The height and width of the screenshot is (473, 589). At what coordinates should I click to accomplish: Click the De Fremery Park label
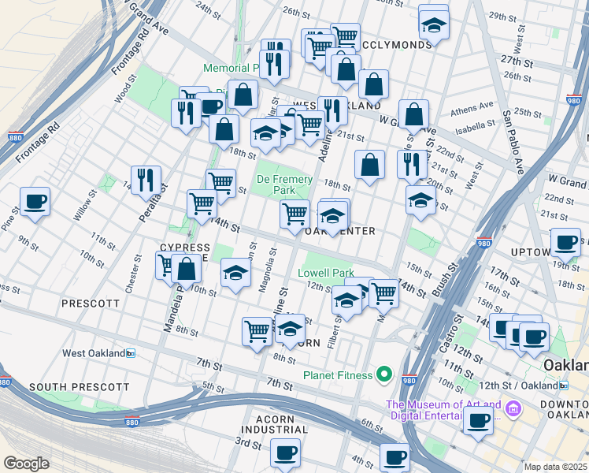coord(284,184)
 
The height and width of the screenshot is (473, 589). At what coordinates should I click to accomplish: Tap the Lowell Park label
coord(326,274)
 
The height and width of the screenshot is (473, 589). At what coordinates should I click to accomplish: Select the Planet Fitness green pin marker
coord(384,374)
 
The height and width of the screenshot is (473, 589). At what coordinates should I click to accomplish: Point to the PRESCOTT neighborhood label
coord(91,303)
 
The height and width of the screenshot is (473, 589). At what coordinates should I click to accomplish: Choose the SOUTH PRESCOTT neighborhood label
coord(79,387)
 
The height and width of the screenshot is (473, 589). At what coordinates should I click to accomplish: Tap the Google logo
coord(26,464)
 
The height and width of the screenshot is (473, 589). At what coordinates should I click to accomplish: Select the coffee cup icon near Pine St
coord(35,203)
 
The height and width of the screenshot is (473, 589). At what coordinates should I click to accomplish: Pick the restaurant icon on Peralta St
coord(146,180)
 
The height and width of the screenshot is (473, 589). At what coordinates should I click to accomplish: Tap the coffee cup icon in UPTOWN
coord(565,243)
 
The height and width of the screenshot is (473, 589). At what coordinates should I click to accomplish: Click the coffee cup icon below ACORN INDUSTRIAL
coord(285,453)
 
